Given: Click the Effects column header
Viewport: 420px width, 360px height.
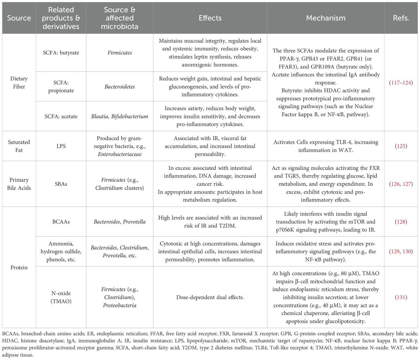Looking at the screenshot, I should coord(210,18).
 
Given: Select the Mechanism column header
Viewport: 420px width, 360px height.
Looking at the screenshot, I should coord(326,18).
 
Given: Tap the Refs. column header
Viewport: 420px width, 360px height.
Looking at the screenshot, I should coord(401,18).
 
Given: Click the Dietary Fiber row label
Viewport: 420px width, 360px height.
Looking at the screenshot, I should coord(19,83).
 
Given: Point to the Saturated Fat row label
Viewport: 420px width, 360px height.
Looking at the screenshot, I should coord(19,146).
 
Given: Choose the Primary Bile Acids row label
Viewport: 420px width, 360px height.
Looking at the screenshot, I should coord(19,184).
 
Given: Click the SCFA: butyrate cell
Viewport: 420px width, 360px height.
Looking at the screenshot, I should coord(61,53).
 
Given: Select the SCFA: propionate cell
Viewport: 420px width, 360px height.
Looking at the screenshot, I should coord(61,86).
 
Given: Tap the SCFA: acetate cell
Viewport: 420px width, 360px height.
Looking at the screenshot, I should coord(61,116).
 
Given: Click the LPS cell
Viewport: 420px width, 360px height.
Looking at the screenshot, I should coord(61,146).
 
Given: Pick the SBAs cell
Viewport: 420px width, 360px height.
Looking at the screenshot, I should coord(61,184).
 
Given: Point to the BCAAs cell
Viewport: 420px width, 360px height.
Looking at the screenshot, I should coord(61,222).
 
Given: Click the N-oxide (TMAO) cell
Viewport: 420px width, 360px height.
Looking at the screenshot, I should coord(61,297).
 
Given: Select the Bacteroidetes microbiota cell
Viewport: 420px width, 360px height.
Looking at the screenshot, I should coord(120,86).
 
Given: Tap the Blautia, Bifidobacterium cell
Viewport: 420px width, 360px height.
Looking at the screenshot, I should coord(120,116).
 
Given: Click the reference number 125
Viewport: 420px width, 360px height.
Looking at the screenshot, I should coord(401,146).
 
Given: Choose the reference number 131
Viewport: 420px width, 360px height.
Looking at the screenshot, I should coord(401,297).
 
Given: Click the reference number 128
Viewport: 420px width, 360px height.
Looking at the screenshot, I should coord(401,222).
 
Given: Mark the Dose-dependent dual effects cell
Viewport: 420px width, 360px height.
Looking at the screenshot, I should coord(210,297).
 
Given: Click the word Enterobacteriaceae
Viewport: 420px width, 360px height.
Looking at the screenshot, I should coord(120,154).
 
